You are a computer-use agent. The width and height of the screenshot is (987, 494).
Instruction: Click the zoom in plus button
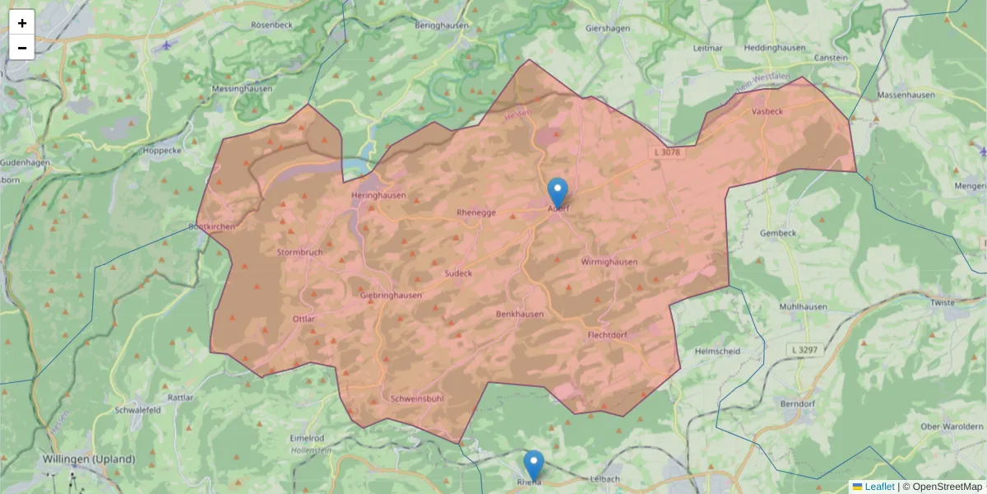[22, 23]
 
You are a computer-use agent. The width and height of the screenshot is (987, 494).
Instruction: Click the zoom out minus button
[22, 48]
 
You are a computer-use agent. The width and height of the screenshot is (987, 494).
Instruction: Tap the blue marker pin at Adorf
[558, 193]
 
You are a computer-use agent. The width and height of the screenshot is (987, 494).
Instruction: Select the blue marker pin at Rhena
[534, 465]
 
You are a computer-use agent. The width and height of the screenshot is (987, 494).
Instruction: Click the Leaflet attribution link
[878, 487]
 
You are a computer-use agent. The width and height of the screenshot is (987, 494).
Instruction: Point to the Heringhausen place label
[378, 195]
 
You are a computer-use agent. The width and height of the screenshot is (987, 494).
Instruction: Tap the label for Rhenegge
[476, 212]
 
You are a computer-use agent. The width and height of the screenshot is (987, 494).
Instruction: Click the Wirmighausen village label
[609, 262]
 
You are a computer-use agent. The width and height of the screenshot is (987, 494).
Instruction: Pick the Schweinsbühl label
[417, 398]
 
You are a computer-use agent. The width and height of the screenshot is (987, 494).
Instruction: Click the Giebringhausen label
[391, 295]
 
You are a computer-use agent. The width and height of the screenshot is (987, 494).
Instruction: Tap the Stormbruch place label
[299, 252]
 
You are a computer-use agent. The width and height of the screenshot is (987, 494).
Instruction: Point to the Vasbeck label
[767, 110]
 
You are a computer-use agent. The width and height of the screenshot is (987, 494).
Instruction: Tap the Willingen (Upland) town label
[89, 459]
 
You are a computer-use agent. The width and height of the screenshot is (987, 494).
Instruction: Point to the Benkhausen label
[520, 314]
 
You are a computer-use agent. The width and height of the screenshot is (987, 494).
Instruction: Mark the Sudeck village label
[458, 273]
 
